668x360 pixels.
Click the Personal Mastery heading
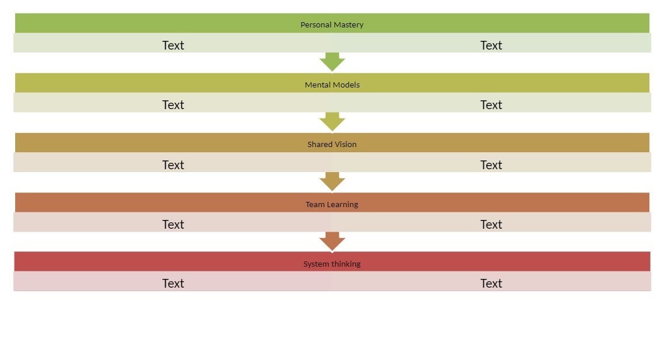click(x=332, y=25)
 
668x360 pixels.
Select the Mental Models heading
click(x=332, y=85)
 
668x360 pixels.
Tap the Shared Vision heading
click(x=332, y=144)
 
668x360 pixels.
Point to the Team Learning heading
click(x=332, y=204)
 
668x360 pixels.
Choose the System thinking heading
click(x=332, y=264)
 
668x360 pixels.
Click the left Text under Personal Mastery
click(x=173, y=46)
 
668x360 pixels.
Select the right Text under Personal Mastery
click(x=491, y=46)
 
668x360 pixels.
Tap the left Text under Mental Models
click(x=173, y=105)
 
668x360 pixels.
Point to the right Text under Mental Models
click(x=491, y=105)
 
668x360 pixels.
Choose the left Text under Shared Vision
click(x=173, y=165)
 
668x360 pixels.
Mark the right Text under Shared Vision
click(x=491, y=165)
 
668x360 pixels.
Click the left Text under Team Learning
click(x=173, y=225)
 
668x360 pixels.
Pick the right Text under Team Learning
click(x=491, y=225)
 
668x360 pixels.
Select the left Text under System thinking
click(x=173, y=284)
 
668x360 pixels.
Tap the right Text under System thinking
click(x=491, y=284)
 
